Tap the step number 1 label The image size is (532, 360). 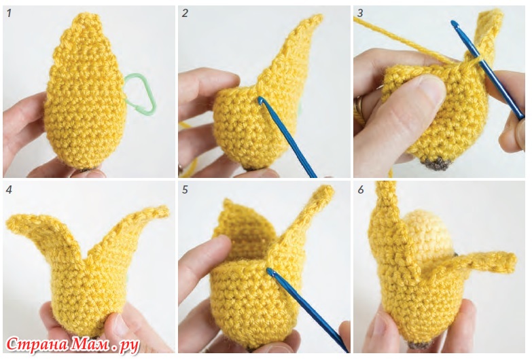pyautogui.click(x=9, y=14)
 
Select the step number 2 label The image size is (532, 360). pyautogui.click(x=185, y=14)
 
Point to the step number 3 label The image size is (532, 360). pyautogui.click(x=360, y=14)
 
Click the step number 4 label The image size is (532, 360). pyautogui.click(x=9, y=190)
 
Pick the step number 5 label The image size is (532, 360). pyautogui.click(x=185, y=190)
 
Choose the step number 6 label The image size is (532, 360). pyautogui.click(x=360, y=190)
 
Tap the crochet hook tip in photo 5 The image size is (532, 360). pyautogui.click(x=270, y=271)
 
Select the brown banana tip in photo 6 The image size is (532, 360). pyautogui.click(x=419, y=346)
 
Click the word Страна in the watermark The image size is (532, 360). pyautogui.click(x=37, y=345)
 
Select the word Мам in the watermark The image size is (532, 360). pyautogui.click(x=90, y=345)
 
